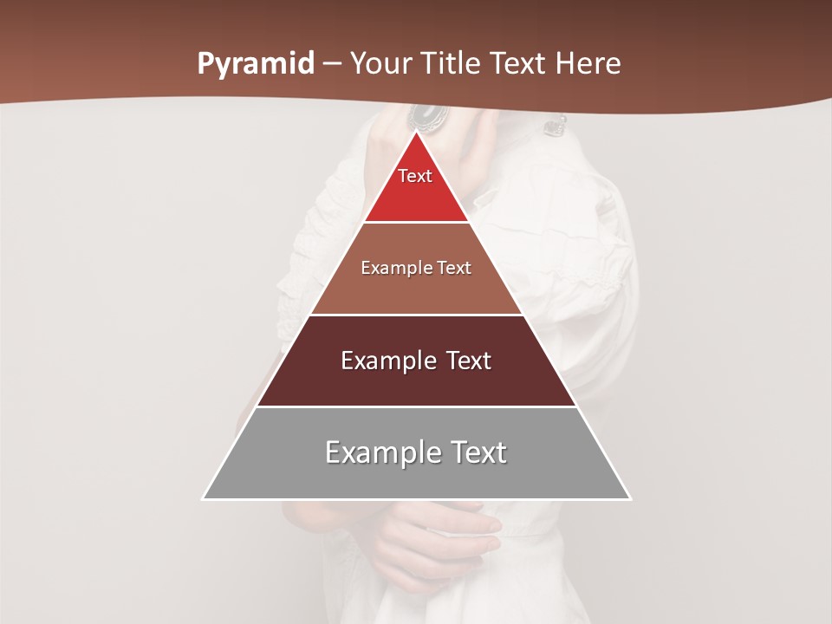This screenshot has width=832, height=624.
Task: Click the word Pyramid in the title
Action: tap(256, 64)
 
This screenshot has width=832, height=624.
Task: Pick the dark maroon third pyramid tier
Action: tap(416, 381)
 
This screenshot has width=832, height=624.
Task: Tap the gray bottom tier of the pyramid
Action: tap(416, 477)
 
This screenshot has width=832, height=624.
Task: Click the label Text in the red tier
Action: tap(415, 176)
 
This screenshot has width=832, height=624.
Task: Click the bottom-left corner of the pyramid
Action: tap(204, 498)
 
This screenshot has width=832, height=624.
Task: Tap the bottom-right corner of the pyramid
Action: tap(630, 498)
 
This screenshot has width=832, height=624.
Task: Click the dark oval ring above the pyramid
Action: tap(426, 115)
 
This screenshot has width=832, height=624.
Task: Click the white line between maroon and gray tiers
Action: tap(416, 406)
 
